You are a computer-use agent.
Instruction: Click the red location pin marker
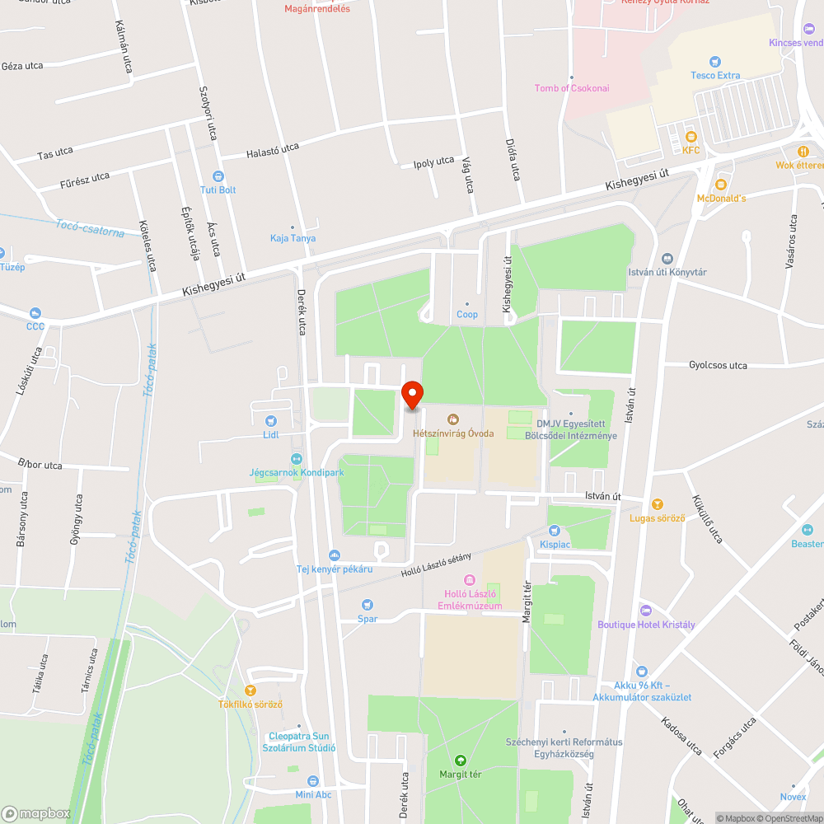[411, 395]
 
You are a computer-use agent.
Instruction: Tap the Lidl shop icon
[271, 421]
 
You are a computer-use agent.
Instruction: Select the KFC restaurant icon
[691, 137]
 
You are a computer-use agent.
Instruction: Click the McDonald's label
[721, 199]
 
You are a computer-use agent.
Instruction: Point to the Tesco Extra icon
[715, 61]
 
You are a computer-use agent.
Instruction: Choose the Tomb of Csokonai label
[572, 88]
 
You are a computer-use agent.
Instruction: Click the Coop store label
[467, 315]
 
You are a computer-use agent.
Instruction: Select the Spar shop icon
[368, 605]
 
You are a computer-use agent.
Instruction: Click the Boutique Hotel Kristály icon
[646, 611]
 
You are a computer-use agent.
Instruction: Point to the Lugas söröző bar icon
[658, 503]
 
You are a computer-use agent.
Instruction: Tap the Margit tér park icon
[461, 760]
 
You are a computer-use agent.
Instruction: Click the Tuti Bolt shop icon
[218, 176]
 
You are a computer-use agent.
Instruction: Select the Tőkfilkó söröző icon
[250, 691]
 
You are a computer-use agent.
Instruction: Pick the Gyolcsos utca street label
[718, 365]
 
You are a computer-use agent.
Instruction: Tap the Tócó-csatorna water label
[91, 227]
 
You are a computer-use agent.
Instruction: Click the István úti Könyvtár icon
[667, 259]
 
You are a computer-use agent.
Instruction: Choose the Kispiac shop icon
[555, 531]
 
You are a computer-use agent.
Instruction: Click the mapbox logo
[37, 812]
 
